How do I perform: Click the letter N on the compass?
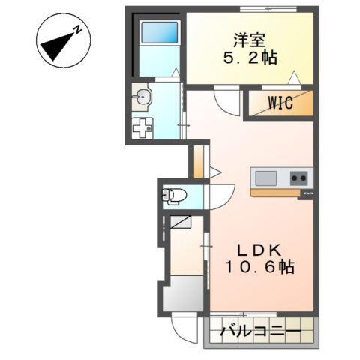pyautogui.click(x=76, y=31)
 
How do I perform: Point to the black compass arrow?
pyautogui.click(x=55, y=47)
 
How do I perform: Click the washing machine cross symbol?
pyautogui.click(x=142, y=128)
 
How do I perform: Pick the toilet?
pyautogui.click(x=174, y=196)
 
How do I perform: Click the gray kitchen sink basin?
pyautogui.click(x=266, y=178)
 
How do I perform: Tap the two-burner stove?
pyautogui.click(x=299, y=178)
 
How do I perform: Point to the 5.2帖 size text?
pyautogui.click(x=250, y=58)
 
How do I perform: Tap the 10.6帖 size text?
pyautogui.click(x=259, y=267)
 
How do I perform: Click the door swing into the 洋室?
pyautogui.click(x=226, y=100)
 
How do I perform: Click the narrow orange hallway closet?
pyautogui.click(x=198, y=161)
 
